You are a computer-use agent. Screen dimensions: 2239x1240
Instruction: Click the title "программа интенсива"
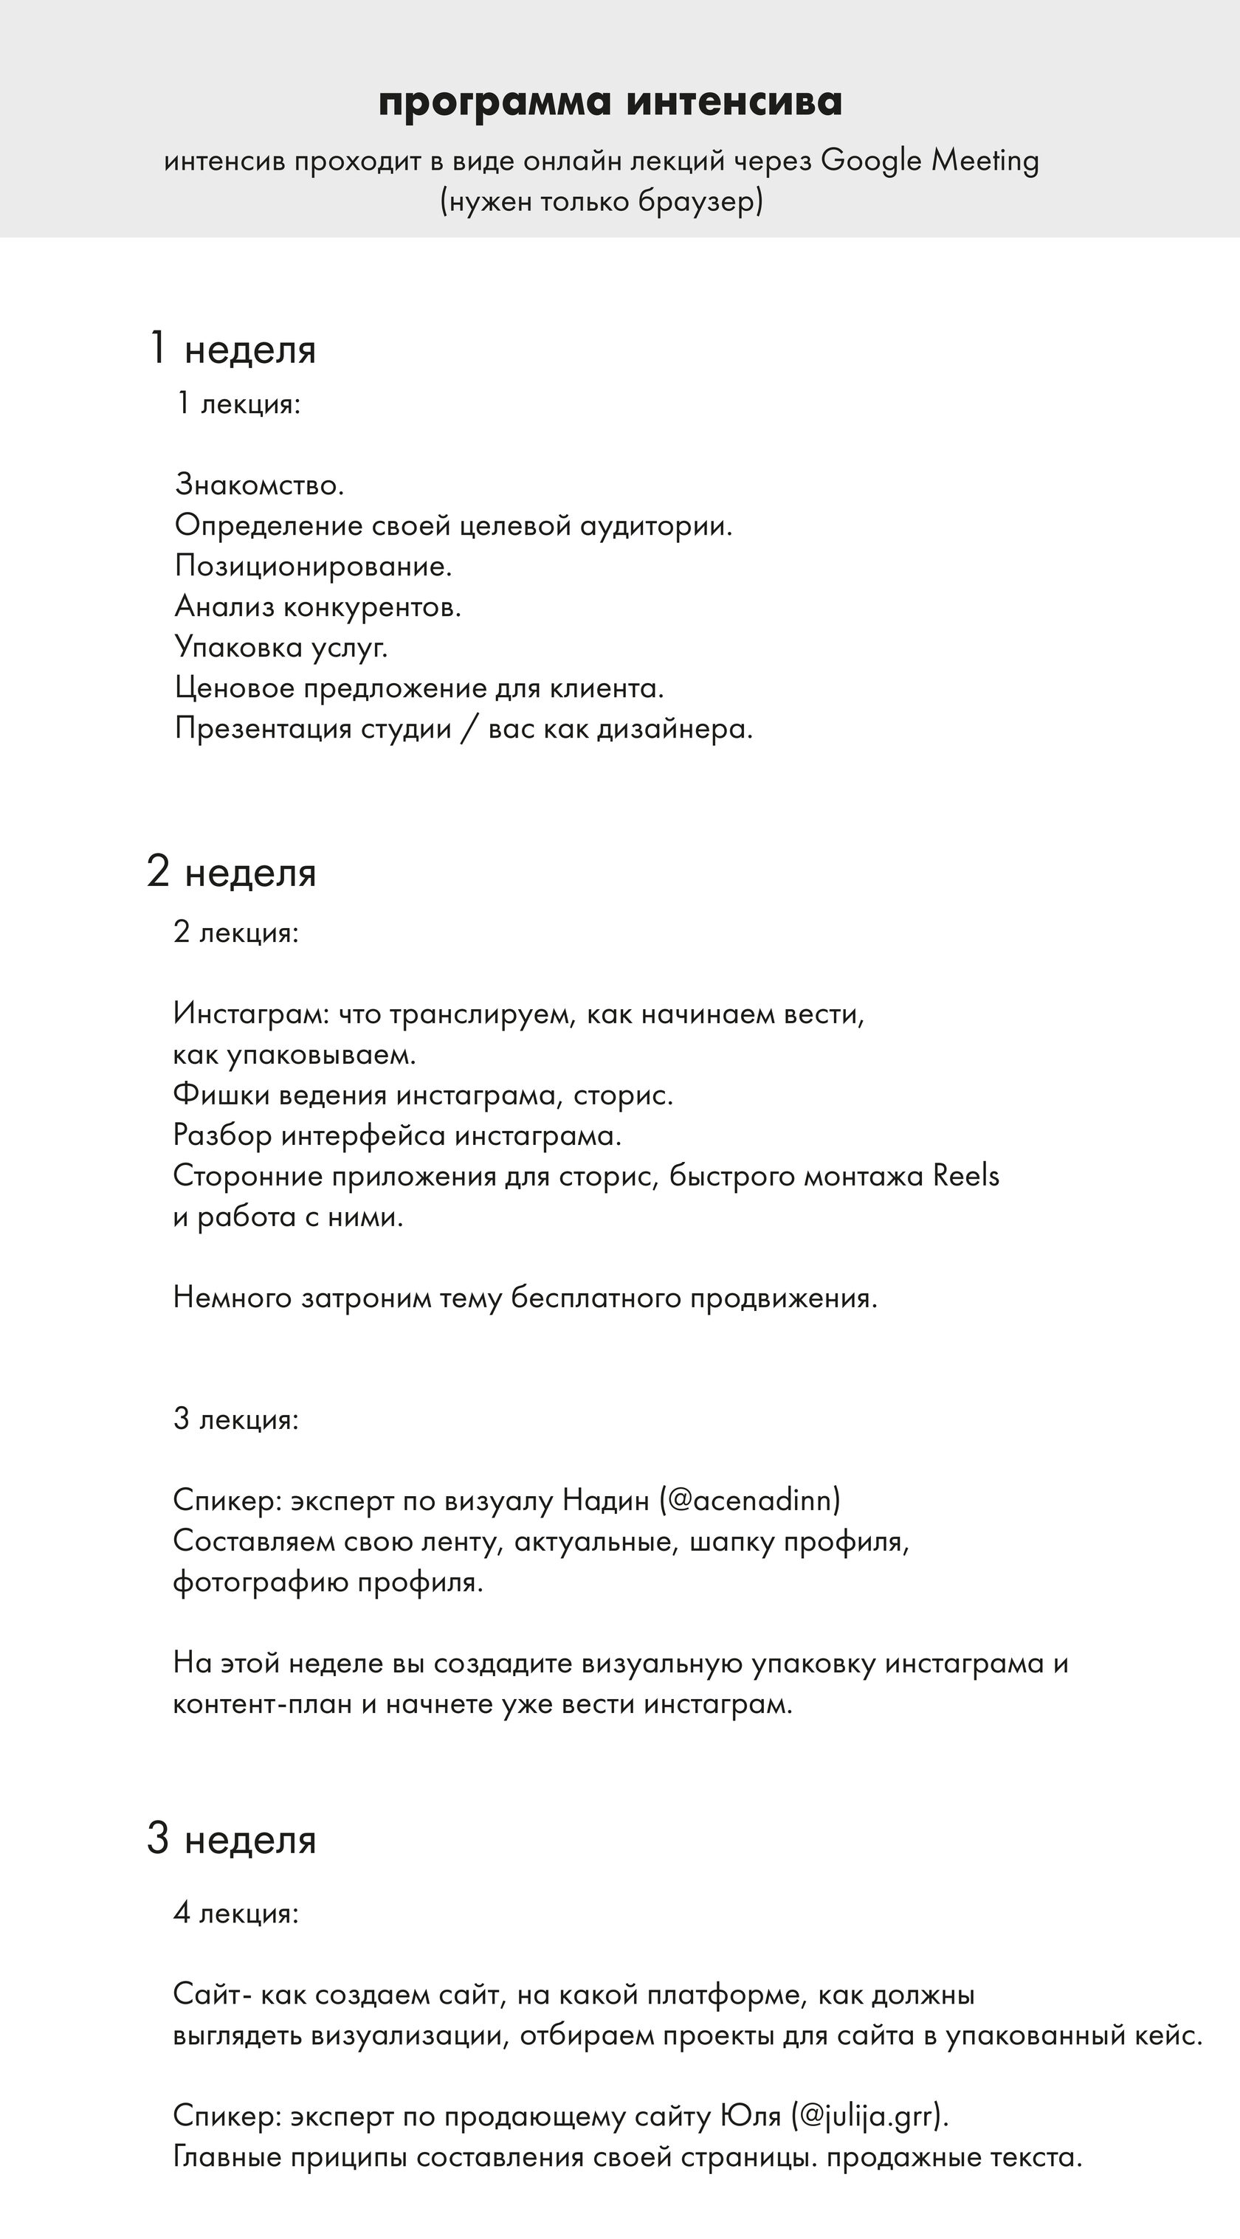[x=610, y=102]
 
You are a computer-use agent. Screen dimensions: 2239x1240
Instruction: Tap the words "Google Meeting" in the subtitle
[x=929, y=162]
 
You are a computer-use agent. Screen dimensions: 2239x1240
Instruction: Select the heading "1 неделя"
[x=232, y=350]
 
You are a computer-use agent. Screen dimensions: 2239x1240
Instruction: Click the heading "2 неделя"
[x=232, y=872]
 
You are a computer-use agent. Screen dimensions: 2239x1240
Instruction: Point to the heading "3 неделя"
[x=232, y=1839]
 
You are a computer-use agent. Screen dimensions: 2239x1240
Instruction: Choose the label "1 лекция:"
[x=238, y=404]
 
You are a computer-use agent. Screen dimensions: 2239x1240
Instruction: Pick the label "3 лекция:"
[x=235, y=1419]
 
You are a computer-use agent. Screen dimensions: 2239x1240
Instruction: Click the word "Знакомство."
[x=260, y=485]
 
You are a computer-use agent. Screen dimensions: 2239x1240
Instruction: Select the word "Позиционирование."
[x=313, y=567]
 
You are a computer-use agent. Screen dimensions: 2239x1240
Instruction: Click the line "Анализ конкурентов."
[x=317, y=606]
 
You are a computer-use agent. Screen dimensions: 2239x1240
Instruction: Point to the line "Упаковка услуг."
[x=281, y=648]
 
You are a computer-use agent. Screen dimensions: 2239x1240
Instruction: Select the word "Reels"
[x=966, y=1176]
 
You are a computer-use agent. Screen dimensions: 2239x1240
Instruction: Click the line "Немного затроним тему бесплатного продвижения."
[x=526, y=1298]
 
